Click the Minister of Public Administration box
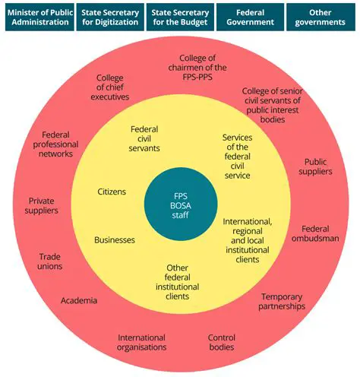coord(37,17)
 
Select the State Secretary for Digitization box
coord(109,17)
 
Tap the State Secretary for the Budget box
coord(179,17)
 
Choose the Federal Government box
coord(251,17)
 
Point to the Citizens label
coord(112,192)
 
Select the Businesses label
coord(115,239)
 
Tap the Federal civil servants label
coord(144,138)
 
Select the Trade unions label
coord(50,261)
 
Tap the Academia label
coord(79,300)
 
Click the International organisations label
coord(142,342)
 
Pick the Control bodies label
coord(221,342)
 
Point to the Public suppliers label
coord(318,166)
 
